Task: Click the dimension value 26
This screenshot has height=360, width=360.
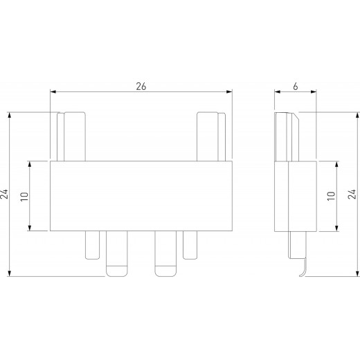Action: pyautogui.click(x=141, y=86)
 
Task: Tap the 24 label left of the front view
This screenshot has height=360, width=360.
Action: pyautogui.click(x=5, y=195)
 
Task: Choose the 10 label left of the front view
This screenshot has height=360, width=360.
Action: pyautogui.click(x=24, y=196)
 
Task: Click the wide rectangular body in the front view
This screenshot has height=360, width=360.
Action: pyautogui.click(x=141, y=196)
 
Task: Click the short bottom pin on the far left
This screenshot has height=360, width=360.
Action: pyautogui.click(x=93, y=244)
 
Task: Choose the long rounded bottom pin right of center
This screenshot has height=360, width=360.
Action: pyautogui.click(x=165, y=253)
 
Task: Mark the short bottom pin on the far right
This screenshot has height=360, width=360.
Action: pyautogui.click(x=190, y=244)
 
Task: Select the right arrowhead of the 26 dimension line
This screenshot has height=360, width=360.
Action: pyautogui.click(x=230, y=91)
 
